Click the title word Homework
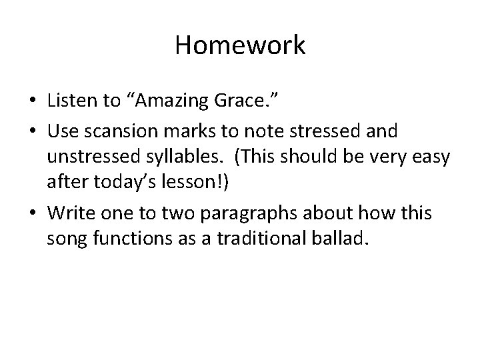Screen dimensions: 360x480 tap(240, 45)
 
